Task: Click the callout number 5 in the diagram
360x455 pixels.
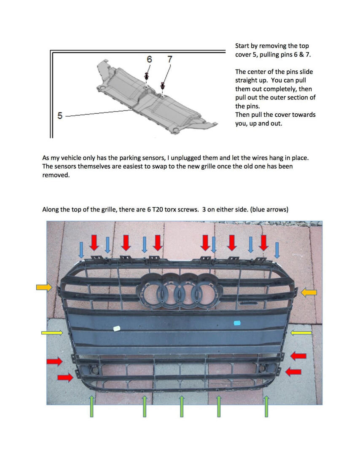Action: point(60,115)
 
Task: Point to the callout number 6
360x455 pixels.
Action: point(149,59)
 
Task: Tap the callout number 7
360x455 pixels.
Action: point(170,59)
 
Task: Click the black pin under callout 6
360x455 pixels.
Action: point(146,77)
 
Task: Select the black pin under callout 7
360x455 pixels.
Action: point(162,86)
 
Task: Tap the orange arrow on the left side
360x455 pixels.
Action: point(43,287)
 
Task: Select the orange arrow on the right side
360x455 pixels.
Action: point(309,292)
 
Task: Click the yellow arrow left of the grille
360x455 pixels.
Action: point(52,333)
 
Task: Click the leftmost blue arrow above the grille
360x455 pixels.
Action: point(82,249)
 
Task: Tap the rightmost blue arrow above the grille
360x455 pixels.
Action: point(277,250)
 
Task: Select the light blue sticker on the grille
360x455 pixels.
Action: point(237,323)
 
